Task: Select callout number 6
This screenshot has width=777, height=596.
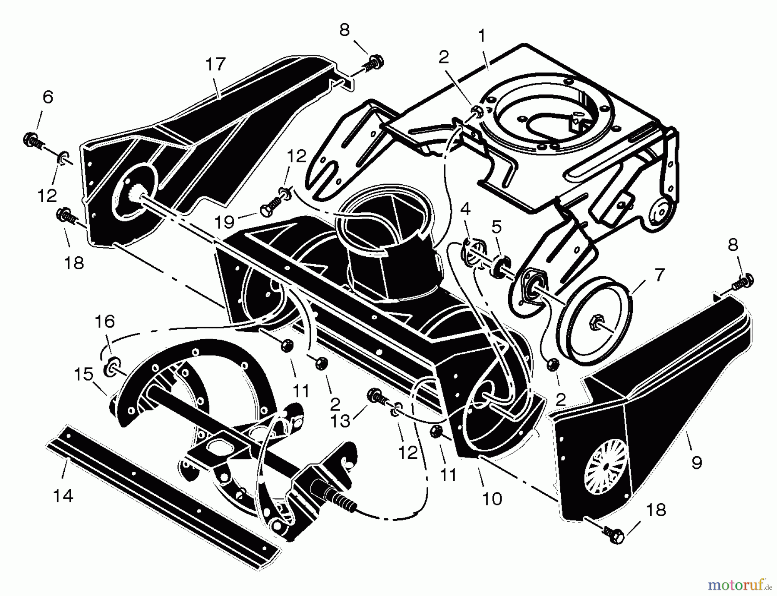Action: click(x=48, y=97)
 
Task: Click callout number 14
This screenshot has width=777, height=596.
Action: click(x=63, y=496)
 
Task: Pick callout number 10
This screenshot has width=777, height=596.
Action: click(x=492, y=499)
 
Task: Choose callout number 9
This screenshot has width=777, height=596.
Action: click(x=697, y=463)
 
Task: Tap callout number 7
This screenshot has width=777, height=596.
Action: click(x=660, y=274)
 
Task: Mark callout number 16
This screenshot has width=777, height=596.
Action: click(x=105, y=321)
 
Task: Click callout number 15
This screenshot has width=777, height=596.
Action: click(x=84, y=374)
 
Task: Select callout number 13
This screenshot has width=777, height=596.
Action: click(x=340, y=421)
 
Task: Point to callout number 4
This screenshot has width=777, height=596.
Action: click(x=465, y=209)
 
